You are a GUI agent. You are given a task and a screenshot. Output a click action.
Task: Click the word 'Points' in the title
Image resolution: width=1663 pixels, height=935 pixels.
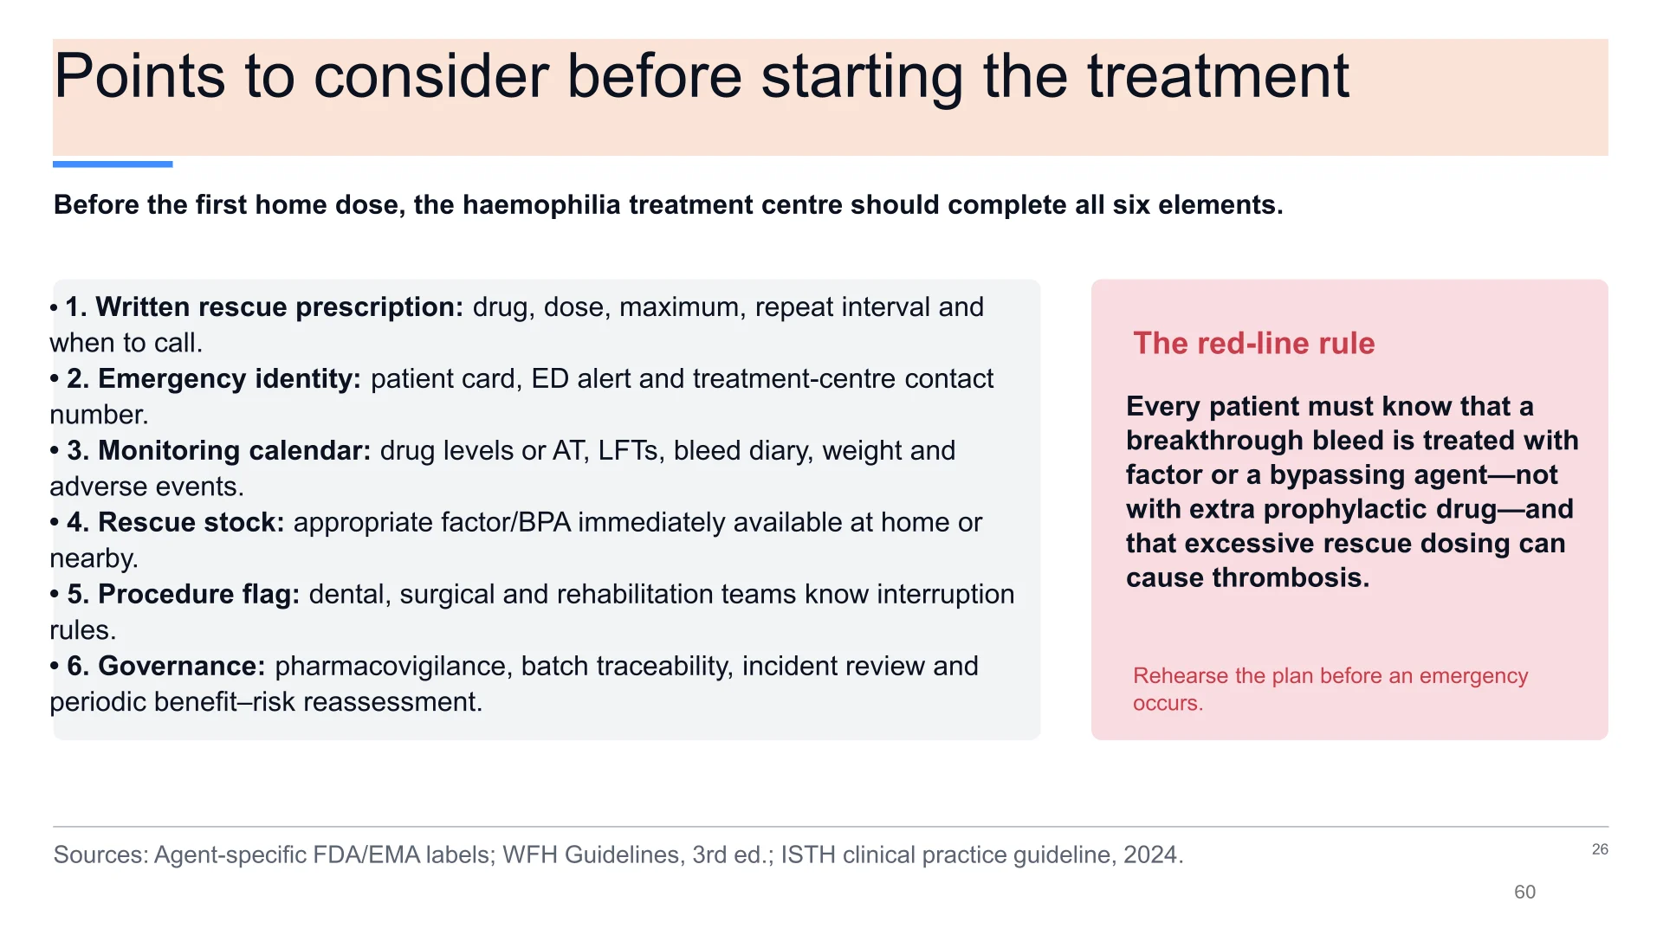point(139,76)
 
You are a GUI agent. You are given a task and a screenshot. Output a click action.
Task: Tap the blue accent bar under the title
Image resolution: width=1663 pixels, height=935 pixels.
point(113,164)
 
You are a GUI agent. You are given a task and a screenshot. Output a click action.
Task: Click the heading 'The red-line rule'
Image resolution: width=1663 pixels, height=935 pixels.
point(1254,344)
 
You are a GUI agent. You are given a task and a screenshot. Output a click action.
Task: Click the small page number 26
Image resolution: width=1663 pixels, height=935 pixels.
point(1600,849)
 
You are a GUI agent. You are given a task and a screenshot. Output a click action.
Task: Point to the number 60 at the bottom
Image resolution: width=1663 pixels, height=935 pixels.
point(1524,892)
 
